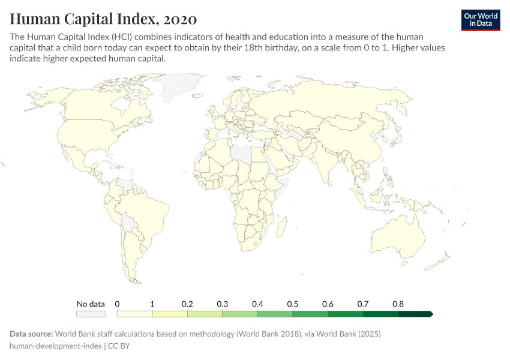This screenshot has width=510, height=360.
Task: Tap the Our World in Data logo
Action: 481,20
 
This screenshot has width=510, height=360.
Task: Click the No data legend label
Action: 91,304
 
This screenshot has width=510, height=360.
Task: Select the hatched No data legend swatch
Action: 91,313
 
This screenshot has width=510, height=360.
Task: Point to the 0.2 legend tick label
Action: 187,304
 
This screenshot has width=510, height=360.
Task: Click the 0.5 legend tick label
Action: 293,304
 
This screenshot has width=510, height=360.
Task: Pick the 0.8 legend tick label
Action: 398,304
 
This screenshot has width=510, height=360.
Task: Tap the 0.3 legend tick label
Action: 223,304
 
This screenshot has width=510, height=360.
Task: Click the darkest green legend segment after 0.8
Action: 415,313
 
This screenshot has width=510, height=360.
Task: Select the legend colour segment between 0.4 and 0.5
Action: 275,313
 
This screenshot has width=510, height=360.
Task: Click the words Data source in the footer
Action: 31,334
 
